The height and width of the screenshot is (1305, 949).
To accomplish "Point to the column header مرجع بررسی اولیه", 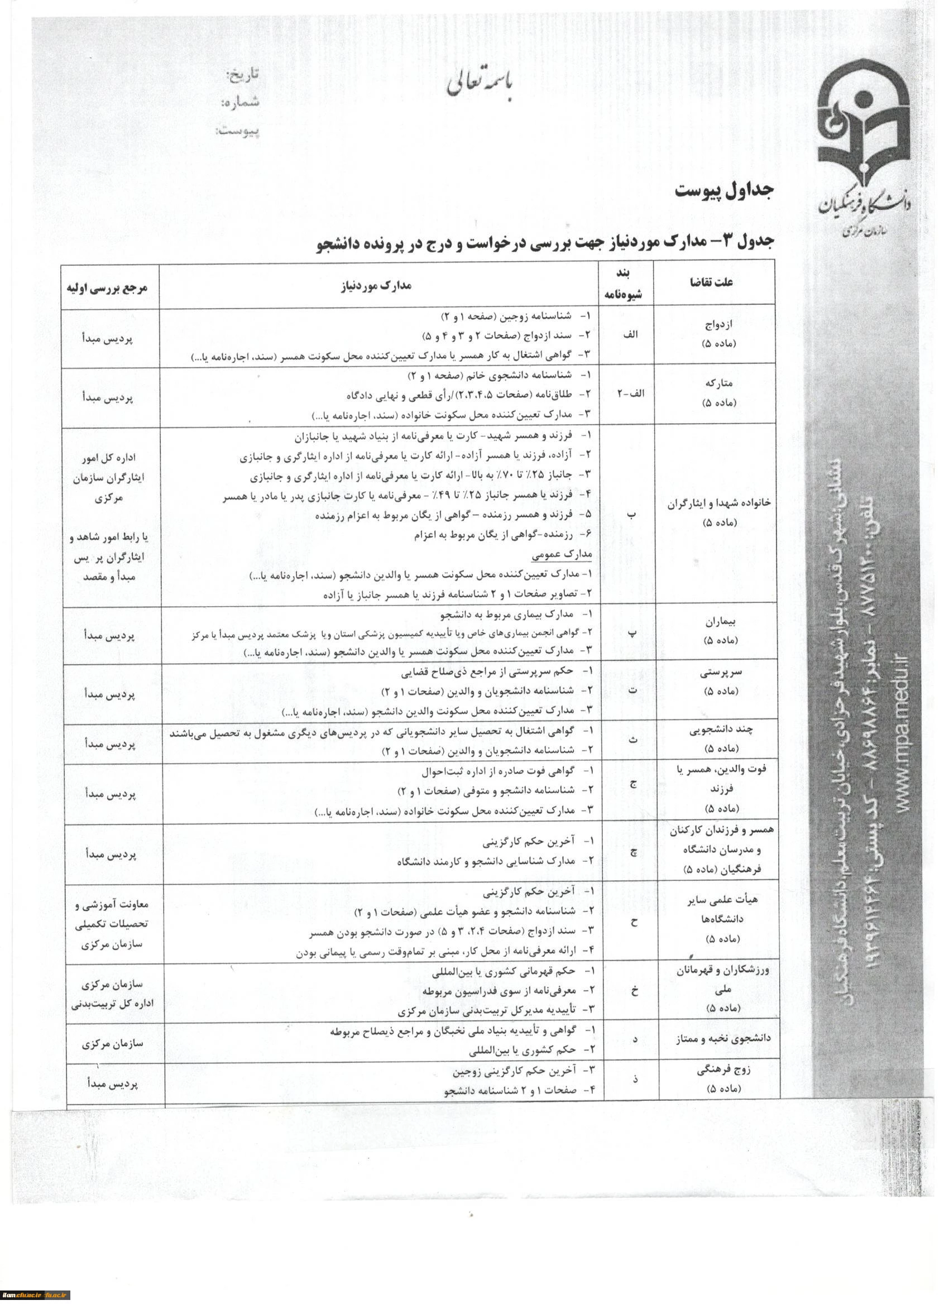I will pos(109,286).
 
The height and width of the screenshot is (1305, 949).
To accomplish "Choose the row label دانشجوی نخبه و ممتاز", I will pos(725,1039).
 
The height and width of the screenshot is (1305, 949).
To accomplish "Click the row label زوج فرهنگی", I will pos(723,1078).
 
